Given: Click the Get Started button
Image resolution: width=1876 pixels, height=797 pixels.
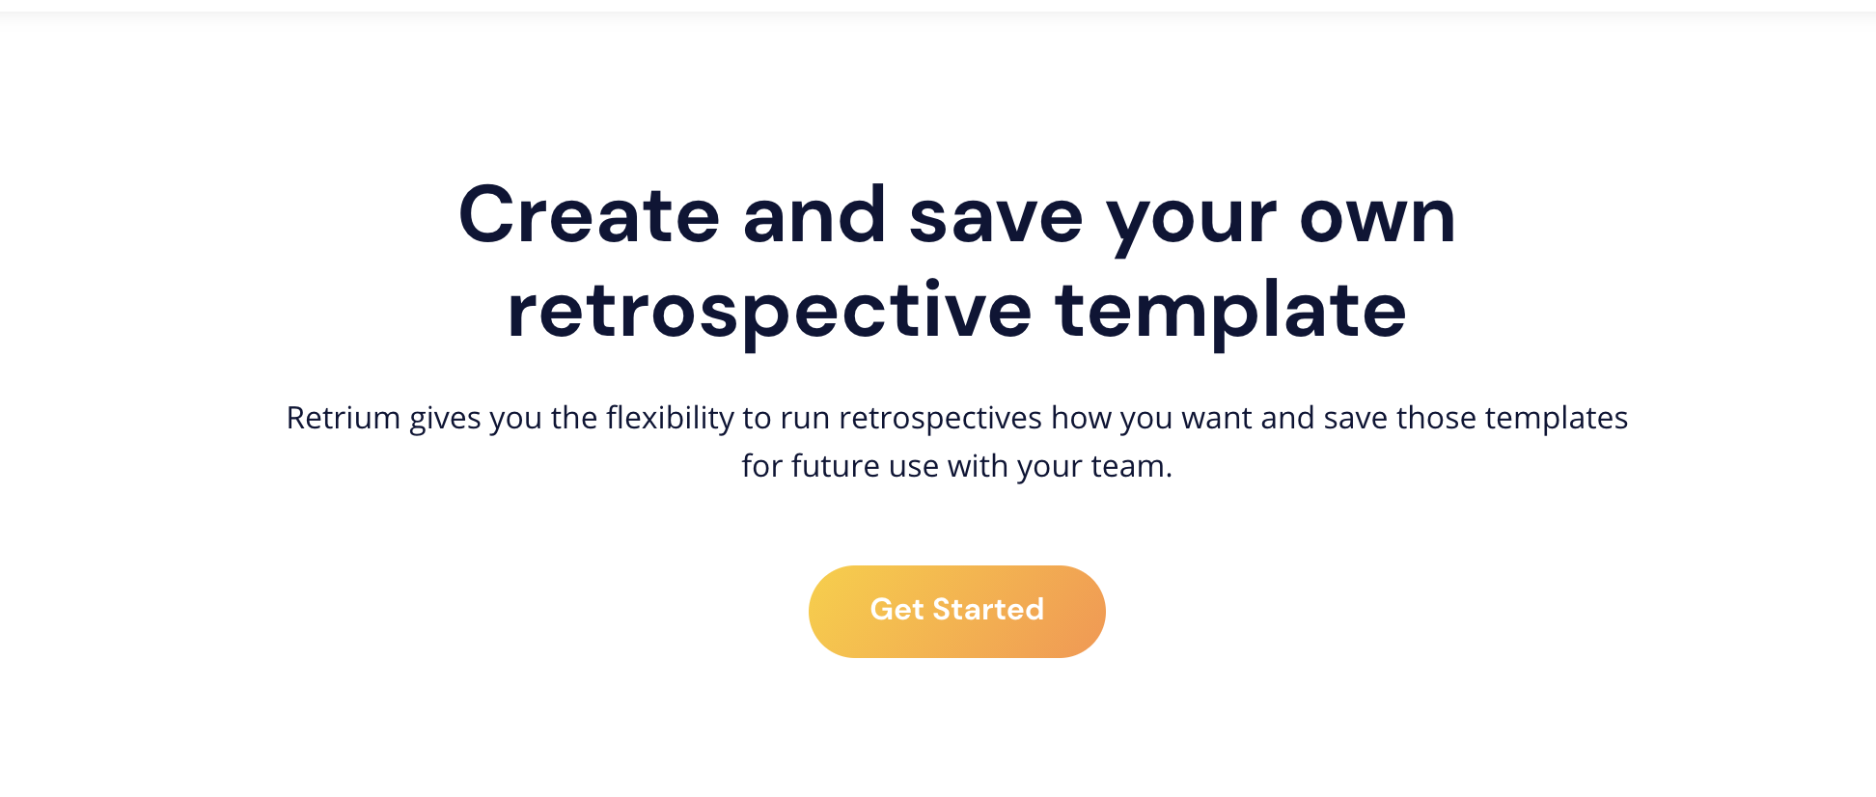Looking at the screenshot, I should (x=956, y=611).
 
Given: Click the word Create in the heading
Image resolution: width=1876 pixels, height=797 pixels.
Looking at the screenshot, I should (x=589, y=215).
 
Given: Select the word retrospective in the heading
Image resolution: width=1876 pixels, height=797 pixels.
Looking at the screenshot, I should (x=769, y=312).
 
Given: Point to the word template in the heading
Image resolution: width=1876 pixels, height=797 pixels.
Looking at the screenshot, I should (x=1230, y=312).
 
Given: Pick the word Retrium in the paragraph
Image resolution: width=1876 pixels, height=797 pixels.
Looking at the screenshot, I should (x=343, y=418).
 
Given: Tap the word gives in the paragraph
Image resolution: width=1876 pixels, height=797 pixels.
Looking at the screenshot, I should (x=445, y=419).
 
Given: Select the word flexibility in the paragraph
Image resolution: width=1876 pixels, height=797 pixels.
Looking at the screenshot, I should (x=670, y=419).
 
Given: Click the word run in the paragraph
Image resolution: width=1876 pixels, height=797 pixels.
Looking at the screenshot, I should (x=805, y=419).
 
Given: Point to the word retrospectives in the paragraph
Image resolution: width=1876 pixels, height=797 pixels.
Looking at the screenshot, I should (x=940, y=419).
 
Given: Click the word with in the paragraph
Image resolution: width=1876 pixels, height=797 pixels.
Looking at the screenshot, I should (x=978, y=466).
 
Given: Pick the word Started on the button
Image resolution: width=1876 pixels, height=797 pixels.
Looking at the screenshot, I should (x=988, y=610).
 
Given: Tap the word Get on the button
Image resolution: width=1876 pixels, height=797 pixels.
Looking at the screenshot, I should (x=897, y=610).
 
